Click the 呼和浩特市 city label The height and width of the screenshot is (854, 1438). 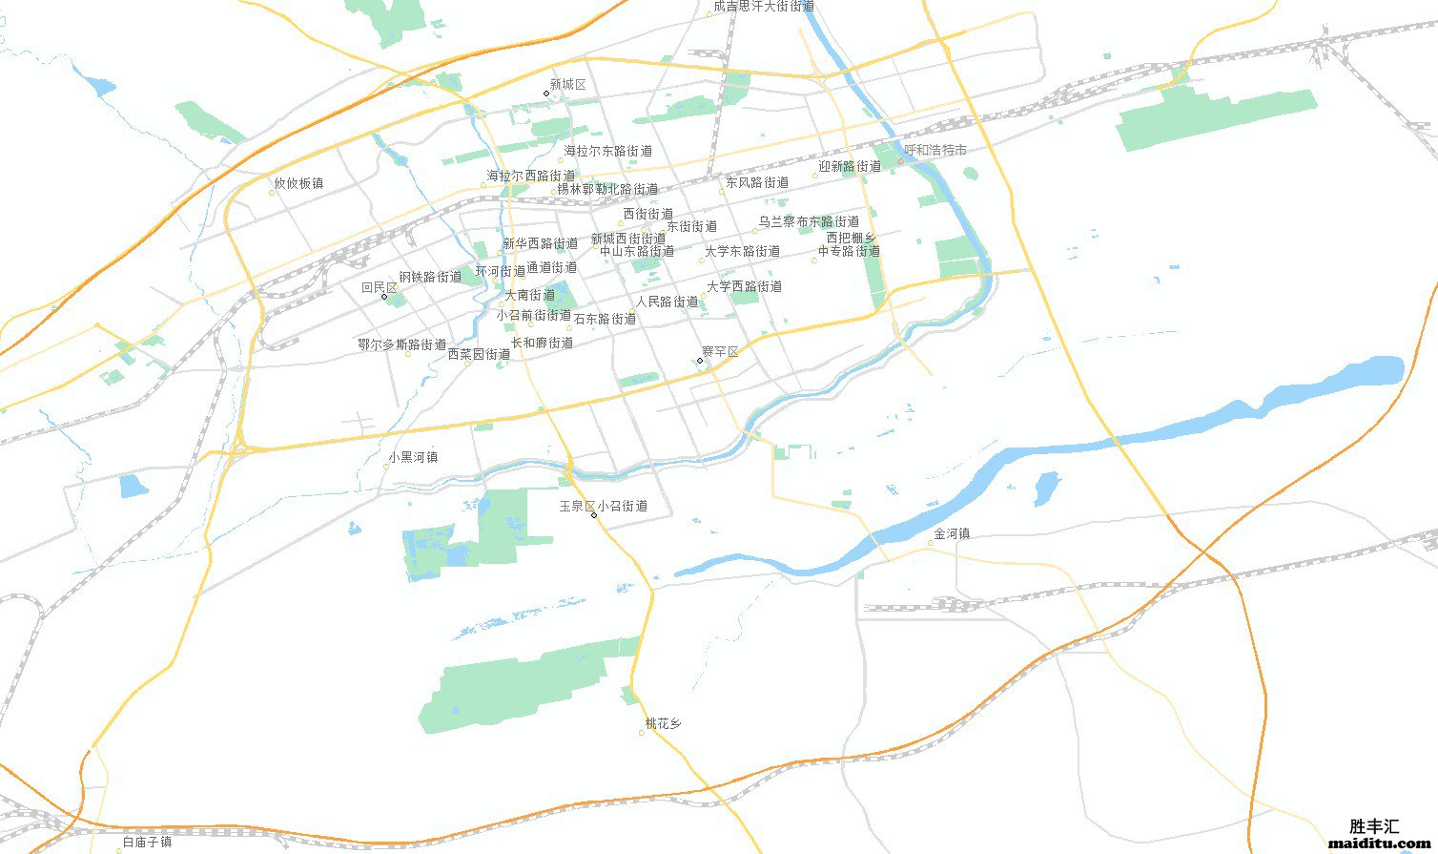point(935,151)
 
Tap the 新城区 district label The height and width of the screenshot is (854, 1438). point(567,85)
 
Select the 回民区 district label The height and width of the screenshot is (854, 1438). point(379,287)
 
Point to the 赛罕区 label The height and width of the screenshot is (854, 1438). point(720,352)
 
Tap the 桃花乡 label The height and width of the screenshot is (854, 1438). point(663,723)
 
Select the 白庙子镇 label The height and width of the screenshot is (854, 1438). point(147,843)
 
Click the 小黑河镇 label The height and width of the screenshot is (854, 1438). point(413,457)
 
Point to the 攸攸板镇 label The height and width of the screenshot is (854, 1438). point(298,183)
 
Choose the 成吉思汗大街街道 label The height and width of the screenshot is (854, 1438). point(763,7)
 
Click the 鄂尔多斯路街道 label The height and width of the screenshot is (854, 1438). point(402,344)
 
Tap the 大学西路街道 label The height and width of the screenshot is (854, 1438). point(744,286)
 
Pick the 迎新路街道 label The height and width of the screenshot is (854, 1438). point(849,166)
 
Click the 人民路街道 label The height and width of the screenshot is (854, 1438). point(667,302)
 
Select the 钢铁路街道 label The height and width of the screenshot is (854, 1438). point(430,277)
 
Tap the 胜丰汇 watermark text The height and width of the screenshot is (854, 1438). point(1374,826)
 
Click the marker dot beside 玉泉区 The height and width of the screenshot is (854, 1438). point(594,515)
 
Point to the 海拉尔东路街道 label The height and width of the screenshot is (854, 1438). point(607,151)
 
